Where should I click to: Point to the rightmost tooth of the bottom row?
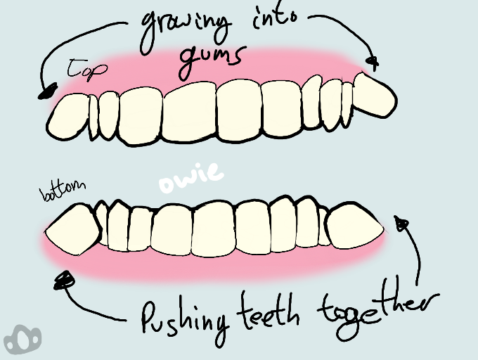tap(355, 225)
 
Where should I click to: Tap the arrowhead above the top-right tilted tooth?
tap(373, 63)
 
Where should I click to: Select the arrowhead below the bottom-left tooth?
tap(65, 281)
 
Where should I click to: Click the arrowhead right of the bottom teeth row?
tap(402, 224)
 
